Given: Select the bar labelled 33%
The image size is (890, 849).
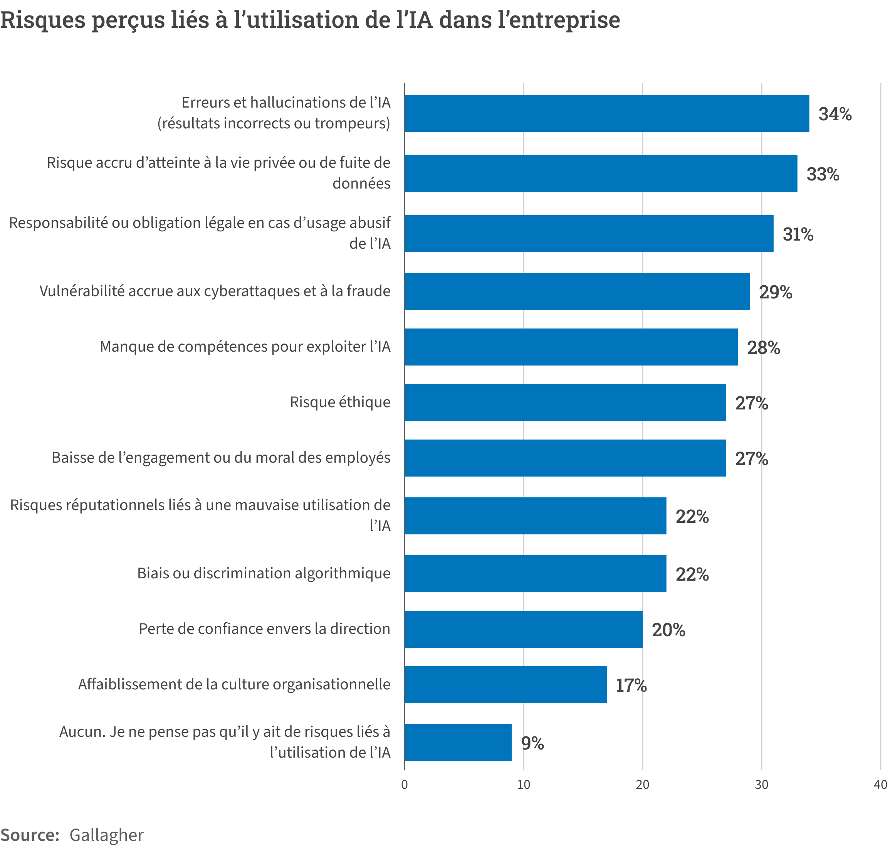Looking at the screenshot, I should point(601,174).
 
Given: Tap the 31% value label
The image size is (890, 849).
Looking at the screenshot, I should point(798,234).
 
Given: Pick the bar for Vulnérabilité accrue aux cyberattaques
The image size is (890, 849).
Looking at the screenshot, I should point(577,291).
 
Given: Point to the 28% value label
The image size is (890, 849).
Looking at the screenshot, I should point(763,347).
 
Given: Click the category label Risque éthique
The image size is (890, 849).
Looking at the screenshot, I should point(340,402).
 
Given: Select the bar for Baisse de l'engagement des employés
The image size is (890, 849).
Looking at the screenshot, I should point(565,458).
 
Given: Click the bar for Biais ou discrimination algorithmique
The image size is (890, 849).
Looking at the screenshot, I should point(535,573).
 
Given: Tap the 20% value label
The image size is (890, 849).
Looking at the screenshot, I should point(668,630).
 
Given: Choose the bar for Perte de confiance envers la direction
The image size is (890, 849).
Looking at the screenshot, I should point(523,629).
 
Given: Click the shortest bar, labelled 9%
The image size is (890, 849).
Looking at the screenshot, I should point(458,743).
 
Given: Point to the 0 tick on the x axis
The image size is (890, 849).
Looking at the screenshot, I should point(404,785).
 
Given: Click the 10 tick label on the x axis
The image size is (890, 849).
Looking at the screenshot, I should point(523,785).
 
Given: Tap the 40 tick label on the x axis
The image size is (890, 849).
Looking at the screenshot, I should point(880,785).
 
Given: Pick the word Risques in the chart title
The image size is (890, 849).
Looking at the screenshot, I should point(42,20).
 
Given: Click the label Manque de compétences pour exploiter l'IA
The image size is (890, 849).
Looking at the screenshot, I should point(245,346).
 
